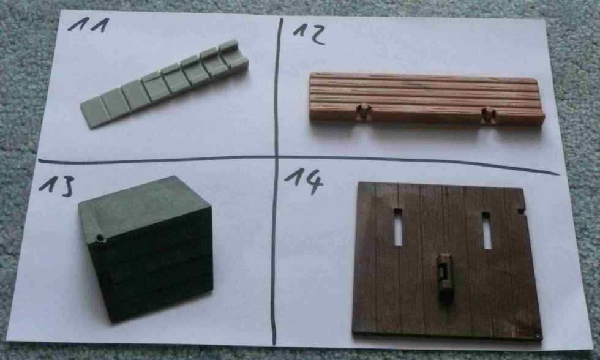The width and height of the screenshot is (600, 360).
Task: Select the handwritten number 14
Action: click(x=304, y=181)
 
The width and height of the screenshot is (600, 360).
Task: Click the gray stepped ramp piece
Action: click(x=165, y=83)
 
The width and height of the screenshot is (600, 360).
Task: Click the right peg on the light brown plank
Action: click(x=488, y=114)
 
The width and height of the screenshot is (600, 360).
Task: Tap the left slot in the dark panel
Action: click(x=398, y=227)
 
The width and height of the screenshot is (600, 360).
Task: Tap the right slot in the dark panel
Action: click(x=487, y=230)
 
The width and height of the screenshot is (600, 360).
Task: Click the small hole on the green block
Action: click(x=100, y=239)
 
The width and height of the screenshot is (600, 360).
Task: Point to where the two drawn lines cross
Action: click(x=276, y=157)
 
